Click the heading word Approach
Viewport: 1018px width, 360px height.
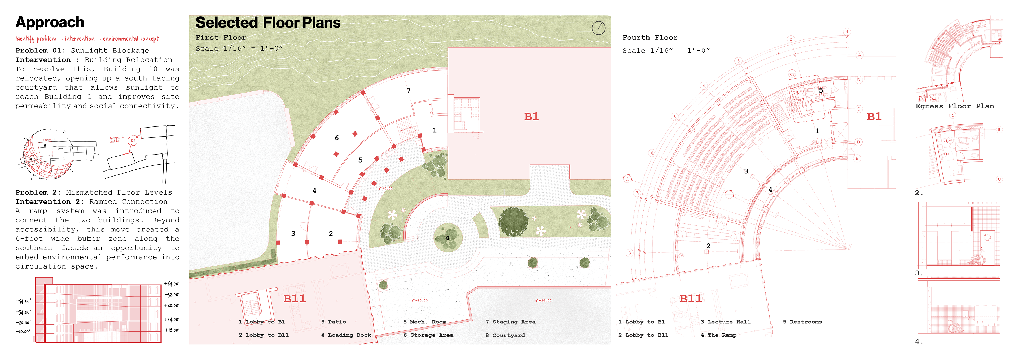50,23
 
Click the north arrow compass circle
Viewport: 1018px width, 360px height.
598,28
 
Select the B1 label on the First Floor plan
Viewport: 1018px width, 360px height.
531,117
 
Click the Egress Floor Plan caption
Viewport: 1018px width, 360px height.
954,106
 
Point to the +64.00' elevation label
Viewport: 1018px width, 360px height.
172,284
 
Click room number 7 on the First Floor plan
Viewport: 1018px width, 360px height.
409,90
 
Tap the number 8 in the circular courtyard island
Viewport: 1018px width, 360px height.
447,238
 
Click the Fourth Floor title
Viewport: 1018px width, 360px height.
650,38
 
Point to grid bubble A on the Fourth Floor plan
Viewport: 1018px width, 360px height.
859,55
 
